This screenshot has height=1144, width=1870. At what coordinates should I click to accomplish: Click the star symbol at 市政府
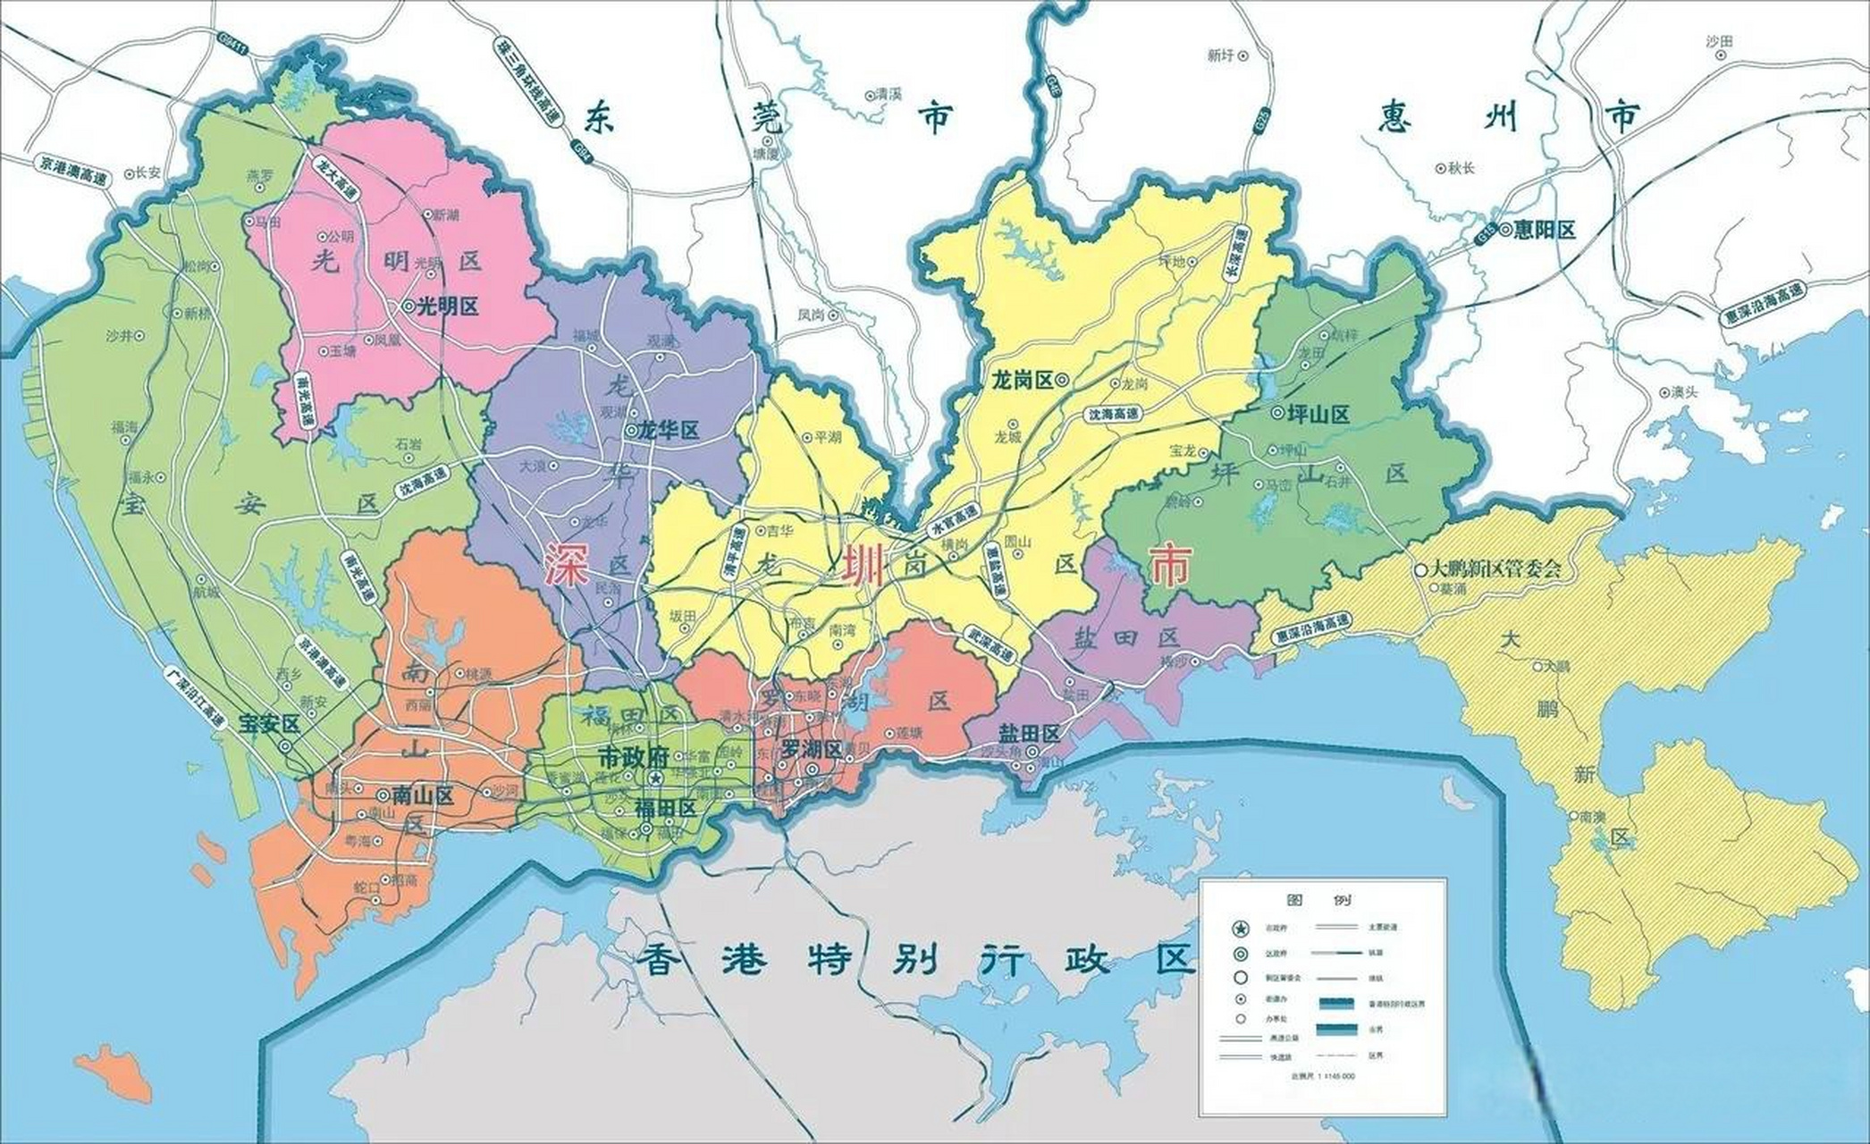tap(655, 780)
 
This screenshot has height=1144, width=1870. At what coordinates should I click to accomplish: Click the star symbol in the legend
tap(1240, 929)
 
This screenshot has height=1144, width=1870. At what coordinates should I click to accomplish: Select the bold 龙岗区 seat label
tap(1022, 380)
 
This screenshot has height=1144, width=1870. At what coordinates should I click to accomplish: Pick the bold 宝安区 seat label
tap(268, 725)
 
